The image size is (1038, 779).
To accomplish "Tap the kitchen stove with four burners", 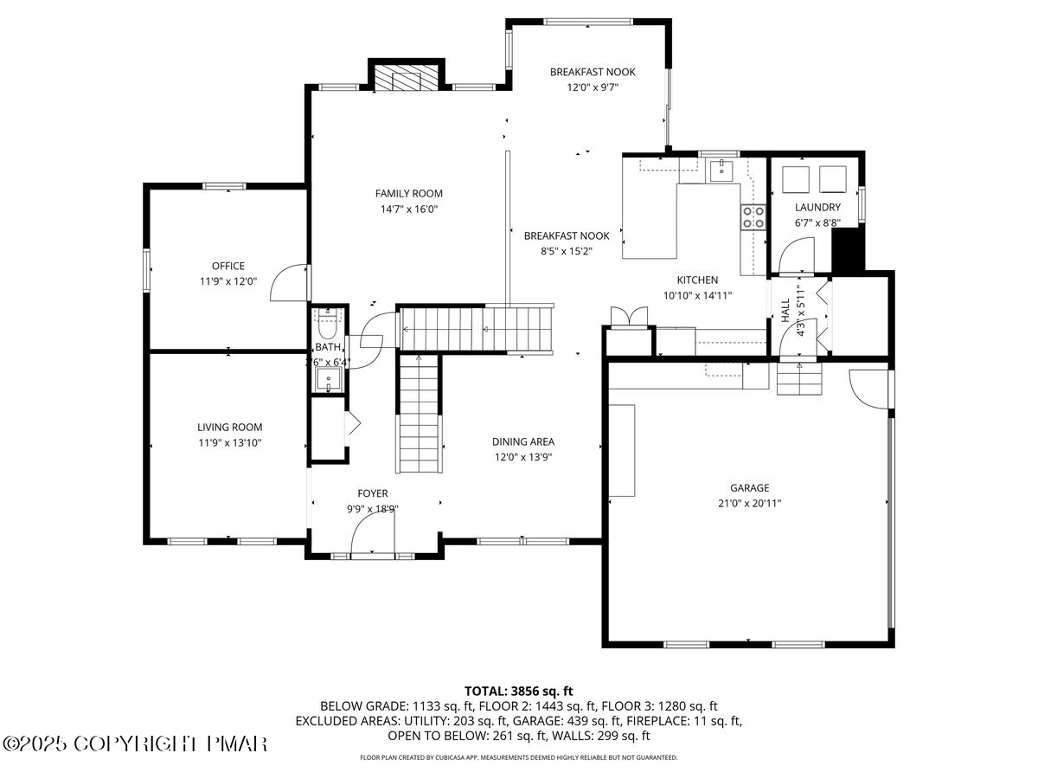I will click(753, 216).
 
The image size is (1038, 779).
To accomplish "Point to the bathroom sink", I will click(329, 379).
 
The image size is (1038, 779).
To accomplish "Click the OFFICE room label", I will click(228, 266).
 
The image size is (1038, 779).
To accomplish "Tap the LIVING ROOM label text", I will click(229, 427).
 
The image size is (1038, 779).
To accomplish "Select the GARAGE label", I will click(748, 487).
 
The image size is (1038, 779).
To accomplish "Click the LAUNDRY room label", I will click(817, 207).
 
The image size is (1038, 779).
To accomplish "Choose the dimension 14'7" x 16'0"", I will click(408, 209).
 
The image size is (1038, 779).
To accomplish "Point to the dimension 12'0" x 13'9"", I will click(523, 457).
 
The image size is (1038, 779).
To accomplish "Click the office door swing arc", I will click(288, 284).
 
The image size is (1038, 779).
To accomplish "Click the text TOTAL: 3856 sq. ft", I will click(519, 691).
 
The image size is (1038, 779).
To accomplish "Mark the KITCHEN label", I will click(697, 280).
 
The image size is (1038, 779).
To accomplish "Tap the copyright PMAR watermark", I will click(136, 744).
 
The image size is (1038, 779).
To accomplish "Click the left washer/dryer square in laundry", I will click(795, 178).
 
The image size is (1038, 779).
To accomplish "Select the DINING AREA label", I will click(523, 441).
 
